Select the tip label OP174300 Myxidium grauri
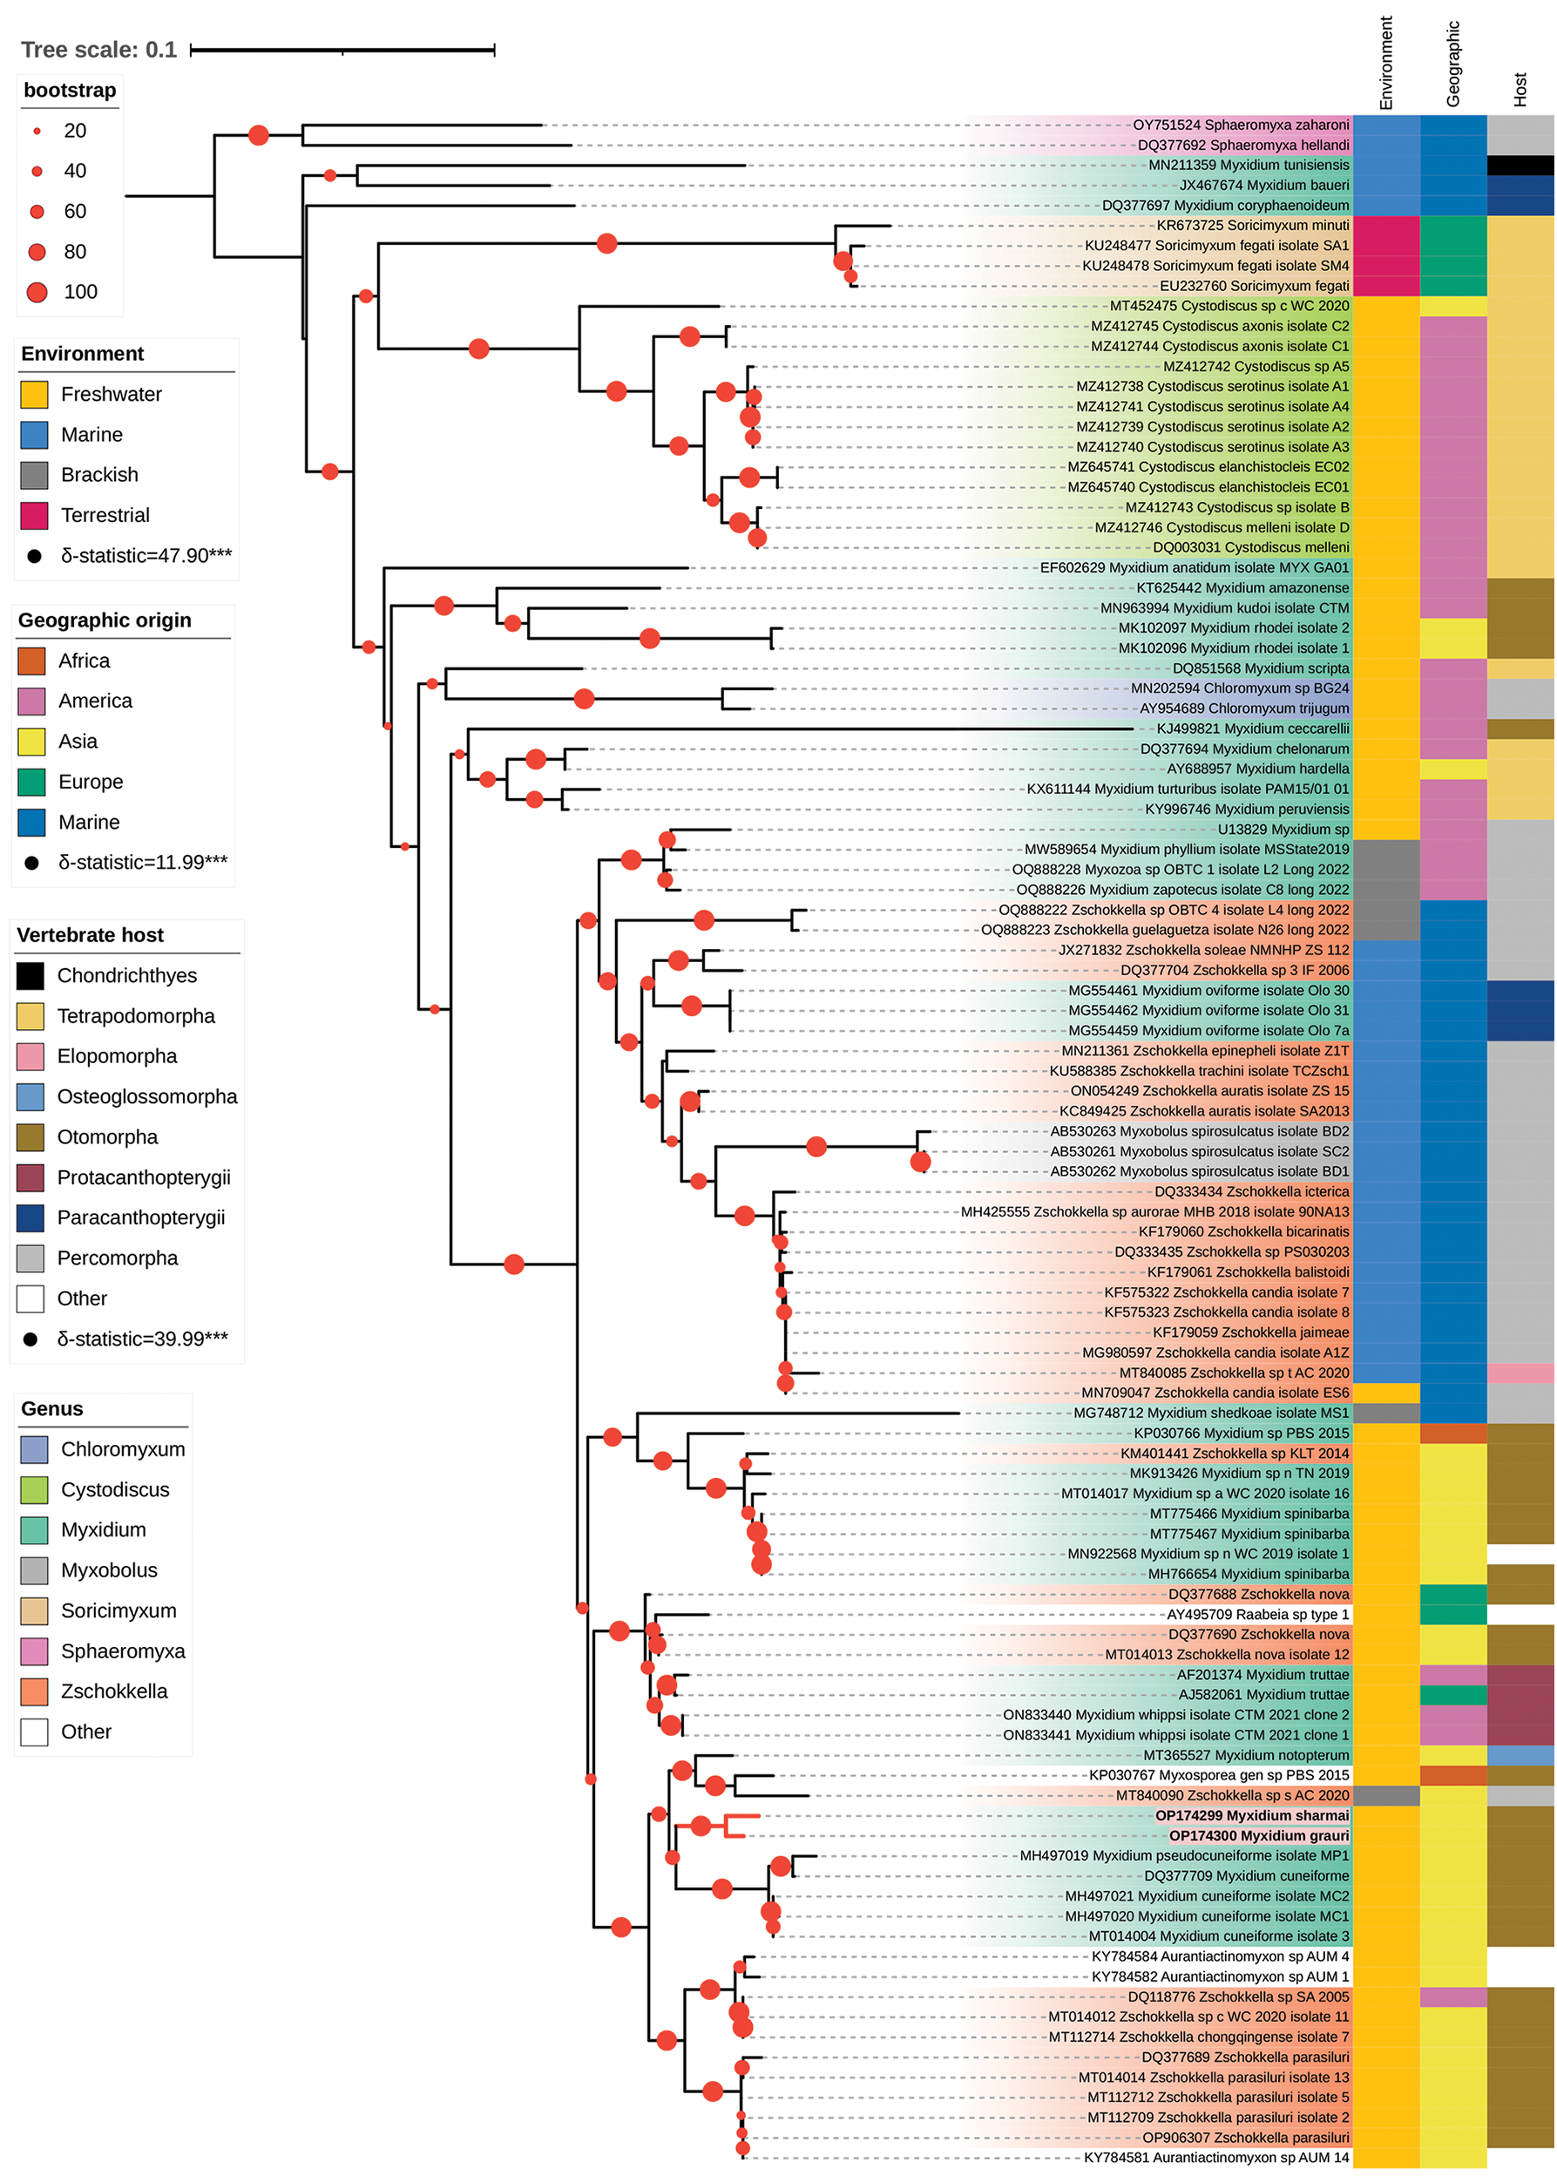[1258, 1835]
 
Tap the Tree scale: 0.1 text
[98, 50]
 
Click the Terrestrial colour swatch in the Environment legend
[35, 516]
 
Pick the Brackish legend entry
[98, 475]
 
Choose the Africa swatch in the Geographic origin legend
[31, 661]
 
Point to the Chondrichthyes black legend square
[30, 975]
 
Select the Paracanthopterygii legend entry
[140, 1217]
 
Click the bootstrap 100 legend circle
[37, 292]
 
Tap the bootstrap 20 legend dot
[37, 131]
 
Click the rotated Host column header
[1520, 89]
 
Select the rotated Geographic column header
[1452, 64]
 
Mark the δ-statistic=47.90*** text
[146, 555]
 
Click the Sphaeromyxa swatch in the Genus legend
[35, 1651]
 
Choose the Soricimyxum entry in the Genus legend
[118, 1611]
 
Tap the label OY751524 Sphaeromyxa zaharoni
[1240, 125]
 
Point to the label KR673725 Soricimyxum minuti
[1251, 226]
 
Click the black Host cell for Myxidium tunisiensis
[1520, 165]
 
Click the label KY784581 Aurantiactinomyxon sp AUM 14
[1215, 2158]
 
